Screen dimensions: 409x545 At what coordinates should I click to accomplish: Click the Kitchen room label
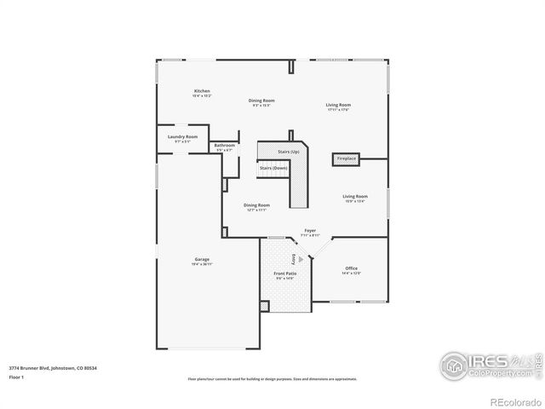[202, 91]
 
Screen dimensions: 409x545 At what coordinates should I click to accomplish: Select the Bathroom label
[225, 147]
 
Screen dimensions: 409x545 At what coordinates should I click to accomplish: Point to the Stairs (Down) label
[273, 168]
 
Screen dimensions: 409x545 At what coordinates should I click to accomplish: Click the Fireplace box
[347, 158]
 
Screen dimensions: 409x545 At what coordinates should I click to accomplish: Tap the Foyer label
[311, 232]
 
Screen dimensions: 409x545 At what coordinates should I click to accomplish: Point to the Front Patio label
[284, 275]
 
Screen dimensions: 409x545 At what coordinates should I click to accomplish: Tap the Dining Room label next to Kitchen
[261, 102]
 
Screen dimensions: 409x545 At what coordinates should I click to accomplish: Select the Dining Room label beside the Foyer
[256, 206]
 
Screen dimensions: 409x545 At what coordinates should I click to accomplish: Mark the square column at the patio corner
[263, 305]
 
